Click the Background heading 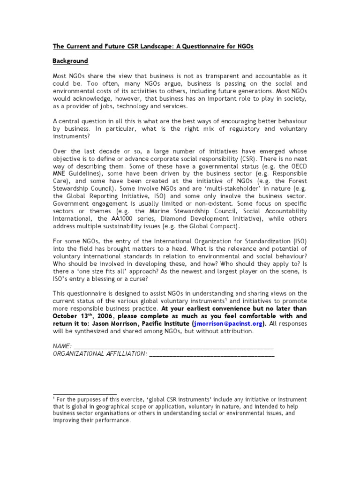click(x=70, y=61)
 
